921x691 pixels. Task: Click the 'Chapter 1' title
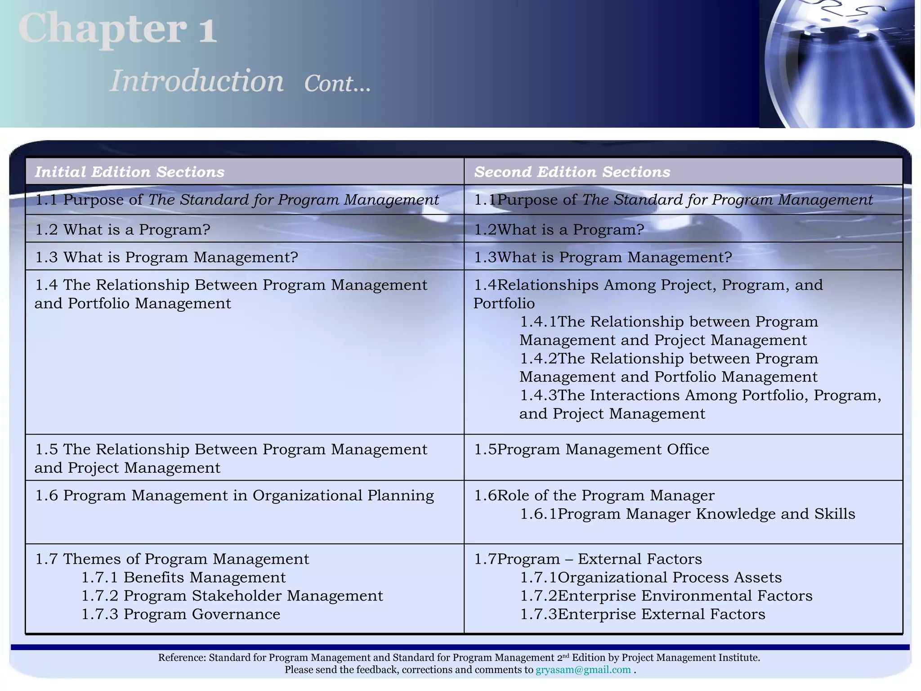tap(118, 29)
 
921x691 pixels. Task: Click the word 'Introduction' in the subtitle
tap(197, 81)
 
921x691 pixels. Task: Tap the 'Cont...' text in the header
tap(337, 84)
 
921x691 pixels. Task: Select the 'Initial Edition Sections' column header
tap(130, 172)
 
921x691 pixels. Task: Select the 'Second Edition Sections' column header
tap(572, 172)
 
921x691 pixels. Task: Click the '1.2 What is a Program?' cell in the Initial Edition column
tap(123, 229)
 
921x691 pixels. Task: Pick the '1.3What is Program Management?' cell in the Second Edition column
tap(603, 257)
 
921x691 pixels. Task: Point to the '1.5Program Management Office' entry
tap(592, 449)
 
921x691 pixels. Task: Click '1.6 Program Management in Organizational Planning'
tap(234, 495)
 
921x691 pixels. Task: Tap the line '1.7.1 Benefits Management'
tap(183, 577)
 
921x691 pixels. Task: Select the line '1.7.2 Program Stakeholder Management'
tap(232, 596)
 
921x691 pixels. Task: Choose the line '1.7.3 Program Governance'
tap(181, 614)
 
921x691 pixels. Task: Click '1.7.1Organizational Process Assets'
tap(651, 577)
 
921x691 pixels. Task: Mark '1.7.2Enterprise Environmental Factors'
tap(666, 596)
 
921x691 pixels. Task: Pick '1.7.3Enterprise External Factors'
tap(643, 614)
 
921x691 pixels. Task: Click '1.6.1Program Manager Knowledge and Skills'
tap(688, 514)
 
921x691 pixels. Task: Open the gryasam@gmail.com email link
tap(583, 670)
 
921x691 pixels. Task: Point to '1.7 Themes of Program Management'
tap(172, 559)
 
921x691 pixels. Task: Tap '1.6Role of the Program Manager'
tap(594, 495)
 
